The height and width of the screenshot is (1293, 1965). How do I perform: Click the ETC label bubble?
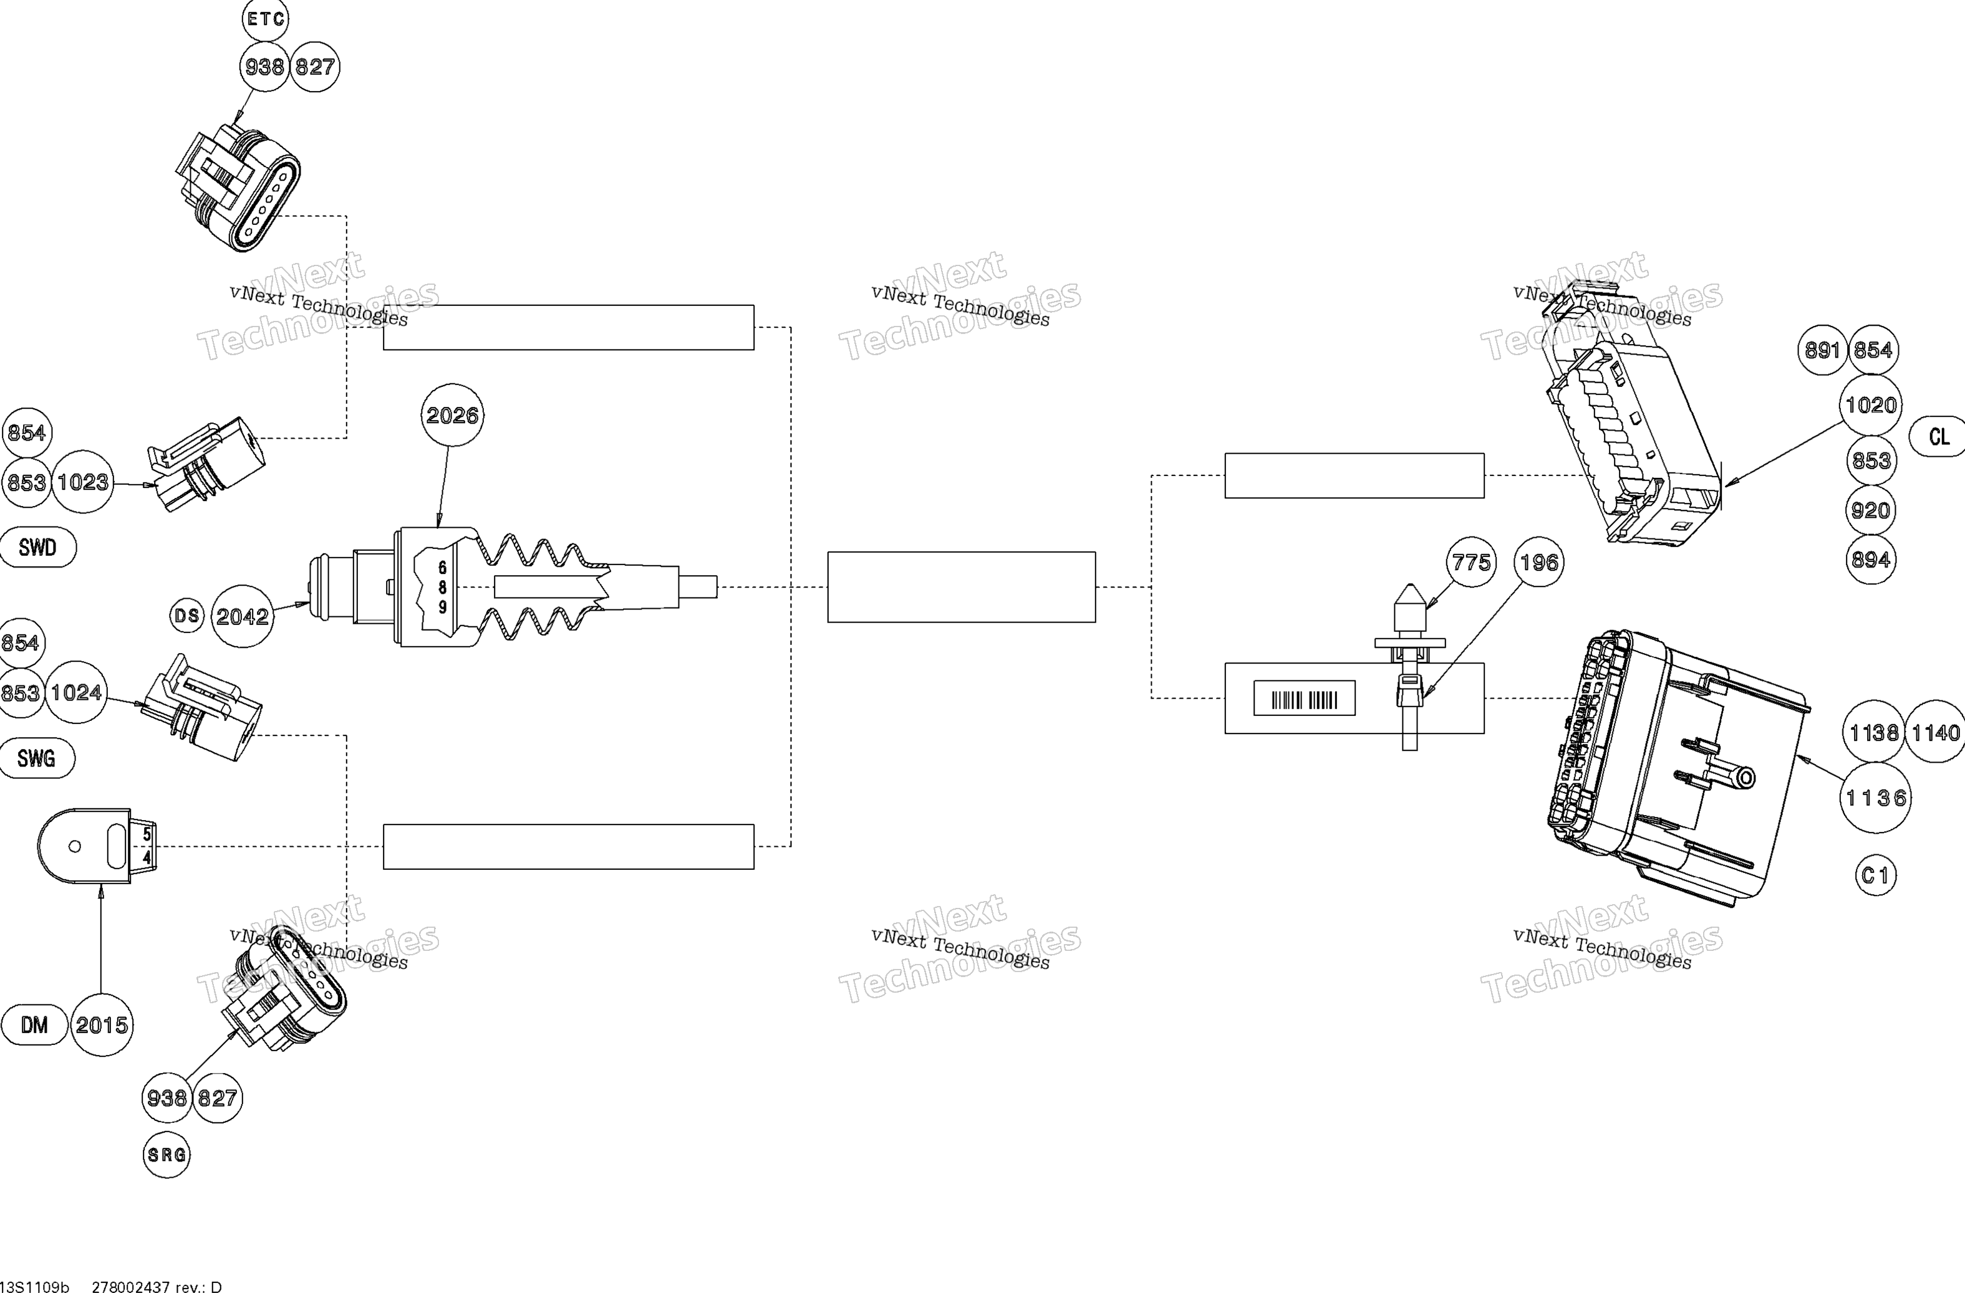[x=265, y=18]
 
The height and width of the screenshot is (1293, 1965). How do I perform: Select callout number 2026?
[x=453, y=415]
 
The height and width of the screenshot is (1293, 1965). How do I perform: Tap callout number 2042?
[x=242, y=616]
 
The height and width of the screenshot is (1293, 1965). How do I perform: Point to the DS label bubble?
[x=186, y=616]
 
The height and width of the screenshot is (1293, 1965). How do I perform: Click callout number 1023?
[x=82, y=482]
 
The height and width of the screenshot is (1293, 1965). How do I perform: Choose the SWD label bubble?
[x=37, y=548]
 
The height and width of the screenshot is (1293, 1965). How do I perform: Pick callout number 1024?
[x=77, y=692]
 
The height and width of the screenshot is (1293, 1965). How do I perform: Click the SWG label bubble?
[x=36, y=758]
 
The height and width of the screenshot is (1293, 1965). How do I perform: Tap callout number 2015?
[x=102, y=1025]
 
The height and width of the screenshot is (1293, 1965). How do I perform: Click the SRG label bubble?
[x=167, y=1155]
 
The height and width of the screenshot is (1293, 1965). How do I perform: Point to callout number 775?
[x=1471, y=563]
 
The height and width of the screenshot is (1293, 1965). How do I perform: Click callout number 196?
[x=1539, y=563]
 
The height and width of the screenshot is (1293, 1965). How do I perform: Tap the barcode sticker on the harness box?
[x=1305, y=698]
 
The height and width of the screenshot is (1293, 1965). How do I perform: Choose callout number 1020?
[x=1871, y=405]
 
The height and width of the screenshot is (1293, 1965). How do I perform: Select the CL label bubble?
[x=1939, y=436]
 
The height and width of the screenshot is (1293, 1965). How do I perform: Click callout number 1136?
[x=1876, y=798]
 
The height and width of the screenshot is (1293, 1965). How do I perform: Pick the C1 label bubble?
[x=1875, y=876]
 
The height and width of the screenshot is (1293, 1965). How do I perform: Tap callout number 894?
[x=1870, y=560]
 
